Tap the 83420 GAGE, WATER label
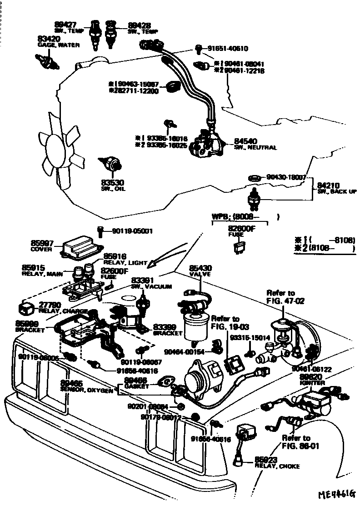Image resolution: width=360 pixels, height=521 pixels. [59, 42]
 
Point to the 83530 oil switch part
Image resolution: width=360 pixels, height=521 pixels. [111, 162]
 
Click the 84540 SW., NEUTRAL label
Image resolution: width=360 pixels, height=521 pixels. [255, 144]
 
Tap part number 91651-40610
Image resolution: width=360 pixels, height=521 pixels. [235, 48]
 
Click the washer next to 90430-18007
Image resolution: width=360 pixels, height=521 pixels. [254, 177]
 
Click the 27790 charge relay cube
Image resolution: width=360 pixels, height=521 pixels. [25, 308]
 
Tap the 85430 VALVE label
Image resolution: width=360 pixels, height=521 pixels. [200, 271]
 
